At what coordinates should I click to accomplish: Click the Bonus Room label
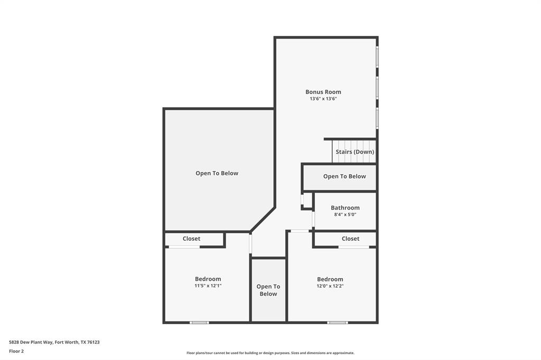[x=323, y=92]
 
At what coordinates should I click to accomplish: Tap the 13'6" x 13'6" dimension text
[x=323, y=99]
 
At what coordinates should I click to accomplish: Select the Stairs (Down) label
[x=355, y=152]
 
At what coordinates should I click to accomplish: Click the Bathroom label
[x=345, y=208]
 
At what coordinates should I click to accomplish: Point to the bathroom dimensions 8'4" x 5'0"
[x=345, y=215]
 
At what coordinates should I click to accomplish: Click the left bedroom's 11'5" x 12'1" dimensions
[x=208, y=286]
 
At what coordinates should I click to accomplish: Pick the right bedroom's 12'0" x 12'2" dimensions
[x=330, y=286]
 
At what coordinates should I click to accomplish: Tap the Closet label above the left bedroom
[x=191, y=239]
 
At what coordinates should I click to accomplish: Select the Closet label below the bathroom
[x=350, y=239]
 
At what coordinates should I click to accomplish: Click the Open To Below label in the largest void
[x=217, y=173]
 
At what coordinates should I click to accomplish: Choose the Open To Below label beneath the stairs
[x=344, y=176]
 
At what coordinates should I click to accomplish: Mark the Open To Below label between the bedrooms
[x=268, y=290]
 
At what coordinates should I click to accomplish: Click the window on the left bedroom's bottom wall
[x=199, y=322]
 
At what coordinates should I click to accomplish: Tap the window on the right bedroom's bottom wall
[x=338, y=322]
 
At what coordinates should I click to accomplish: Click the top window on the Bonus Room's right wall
[x=377, y=56]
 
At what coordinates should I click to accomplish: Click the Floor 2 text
[x=16, y=351]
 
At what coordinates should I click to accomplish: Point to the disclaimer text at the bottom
[x=270, y=353]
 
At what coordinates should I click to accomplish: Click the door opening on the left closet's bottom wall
[x=184, y=247]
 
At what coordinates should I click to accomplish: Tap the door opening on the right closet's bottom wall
[x=353, y=247]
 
